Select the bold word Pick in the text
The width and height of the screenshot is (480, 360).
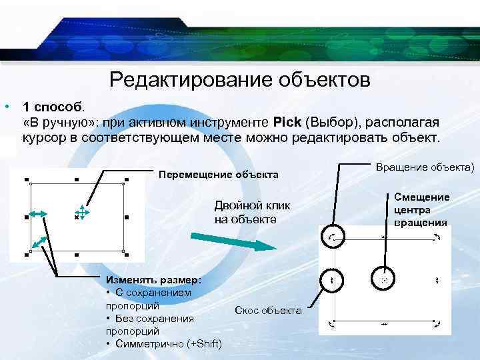(287, 123)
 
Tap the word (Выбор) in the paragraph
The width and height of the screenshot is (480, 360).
(328, 123)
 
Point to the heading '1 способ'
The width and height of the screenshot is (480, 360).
(53, 107)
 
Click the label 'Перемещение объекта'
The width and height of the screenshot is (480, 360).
(218, 175)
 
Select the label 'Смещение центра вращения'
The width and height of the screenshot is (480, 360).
(421, 209)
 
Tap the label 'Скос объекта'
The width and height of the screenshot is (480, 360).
(268, 311)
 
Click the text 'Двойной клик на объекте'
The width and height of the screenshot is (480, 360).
(247, 213)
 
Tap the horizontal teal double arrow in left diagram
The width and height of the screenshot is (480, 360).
(36, 213)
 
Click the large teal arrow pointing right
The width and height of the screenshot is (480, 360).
(233, 241)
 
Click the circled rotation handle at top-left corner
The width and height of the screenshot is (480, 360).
(332, 237)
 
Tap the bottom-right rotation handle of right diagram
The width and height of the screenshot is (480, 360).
(437, 324)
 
